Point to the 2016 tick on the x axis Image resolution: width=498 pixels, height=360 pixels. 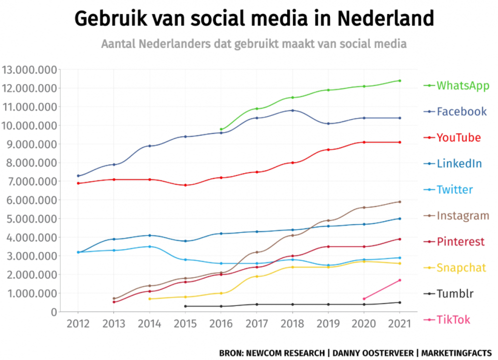(x=221, y=323)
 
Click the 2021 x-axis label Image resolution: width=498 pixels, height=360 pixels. (x=400, y=323)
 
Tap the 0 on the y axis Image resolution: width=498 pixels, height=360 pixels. (x=53, y=312)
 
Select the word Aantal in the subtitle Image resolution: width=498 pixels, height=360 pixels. (x=118, y=43)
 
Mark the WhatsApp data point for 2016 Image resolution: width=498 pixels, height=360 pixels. (x=221, y=129)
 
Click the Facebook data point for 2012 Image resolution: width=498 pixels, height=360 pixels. (x=78, y=176)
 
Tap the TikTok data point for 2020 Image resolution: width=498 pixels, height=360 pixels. (x=364, y=299)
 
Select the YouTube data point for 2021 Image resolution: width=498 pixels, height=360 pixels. (x=400, y=142)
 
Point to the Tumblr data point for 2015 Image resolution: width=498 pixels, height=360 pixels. (x=185, y=306)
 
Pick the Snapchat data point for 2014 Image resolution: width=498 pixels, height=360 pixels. (x=149, y=299)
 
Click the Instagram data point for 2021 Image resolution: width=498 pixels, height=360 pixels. (x=400, y=202)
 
